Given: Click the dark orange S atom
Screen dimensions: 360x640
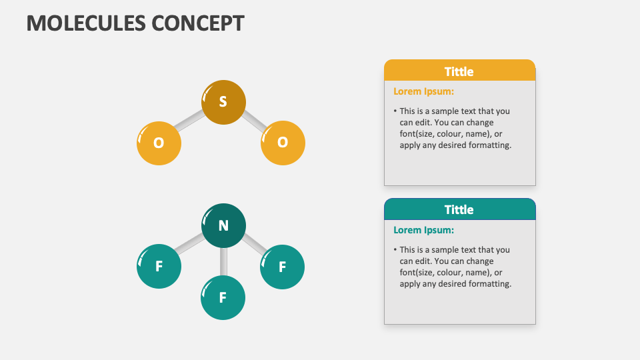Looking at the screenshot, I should click(223, 102).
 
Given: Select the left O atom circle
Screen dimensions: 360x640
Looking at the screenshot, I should click(159, 143).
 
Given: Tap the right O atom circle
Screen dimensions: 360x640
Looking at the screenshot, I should click(283, 142).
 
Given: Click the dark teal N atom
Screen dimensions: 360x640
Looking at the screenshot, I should click(223, 225).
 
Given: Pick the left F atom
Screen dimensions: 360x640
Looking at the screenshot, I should click(159, 267).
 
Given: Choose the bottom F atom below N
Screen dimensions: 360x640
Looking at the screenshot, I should click(223, 297).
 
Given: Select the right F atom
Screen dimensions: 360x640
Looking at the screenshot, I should click(282, 267).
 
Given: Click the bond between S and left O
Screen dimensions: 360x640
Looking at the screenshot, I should click(190, 121).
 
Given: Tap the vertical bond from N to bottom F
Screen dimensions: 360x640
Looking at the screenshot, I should click(223, 261).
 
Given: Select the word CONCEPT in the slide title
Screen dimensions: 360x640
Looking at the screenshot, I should click(197, 23).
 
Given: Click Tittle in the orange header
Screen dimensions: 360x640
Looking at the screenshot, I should click(459, 71).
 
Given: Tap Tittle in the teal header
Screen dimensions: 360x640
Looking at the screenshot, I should click(459, 209).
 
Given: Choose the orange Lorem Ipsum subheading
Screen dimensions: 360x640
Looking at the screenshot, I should click(423, 91).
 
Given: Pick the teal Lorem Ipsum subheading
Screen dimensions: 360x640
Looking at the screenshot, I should click(423, 230).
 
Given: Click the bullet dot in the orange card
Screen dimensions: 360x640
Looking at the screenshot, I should click(395, 111).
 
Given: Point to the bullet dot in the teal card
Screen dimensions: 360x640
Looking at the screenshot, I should click(395, 250).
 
